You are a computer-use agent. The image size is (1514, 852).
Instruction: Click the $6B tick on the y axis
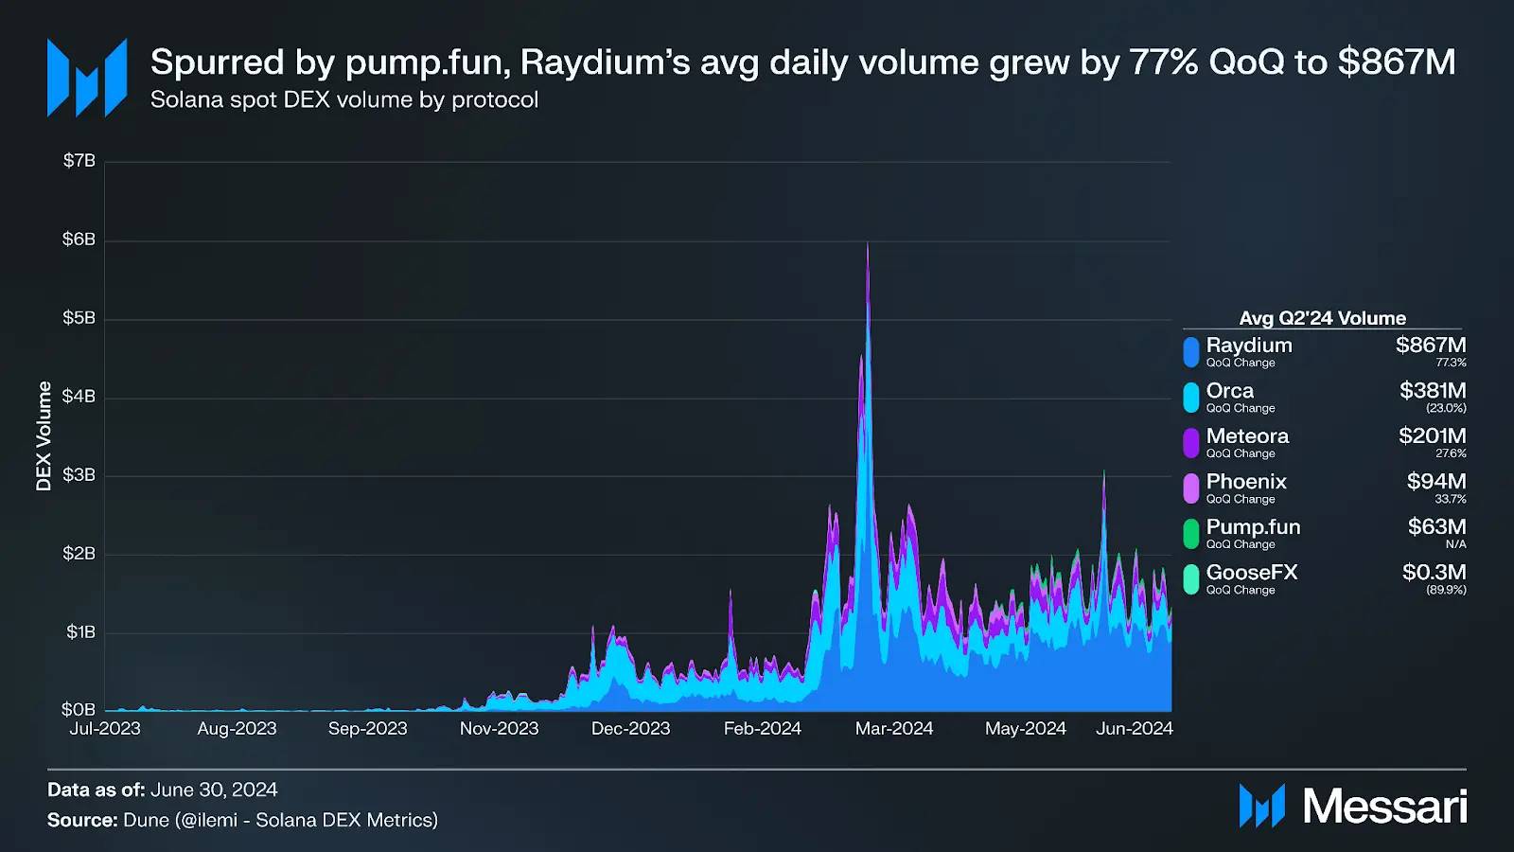coord(79,240)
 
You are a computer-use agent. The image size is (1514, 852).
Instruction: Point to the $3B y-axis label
coord(79,475)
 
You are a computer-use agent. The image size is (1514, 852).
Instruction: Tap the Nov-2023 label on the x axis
coord(499,729)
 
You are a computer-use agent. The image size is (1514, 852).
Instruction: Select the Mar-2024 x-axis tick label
coord(894,729)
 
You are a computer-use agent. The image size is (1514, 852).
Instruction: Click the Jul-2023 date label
coord(105,729)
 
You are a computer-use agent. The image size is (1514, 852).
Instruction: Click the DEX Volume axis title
coord(44,435)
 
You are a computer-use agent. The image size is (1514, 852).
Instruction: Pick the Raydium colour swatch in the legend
coord(1191,351)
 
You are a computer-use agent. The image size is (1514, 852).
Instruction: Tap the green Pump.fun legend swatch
coord(1191,533)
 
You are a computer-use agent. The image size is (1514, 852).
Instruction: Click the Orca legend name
coord(1229,391)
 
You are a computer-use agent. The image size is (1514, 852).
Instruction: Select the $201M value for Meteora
coord(1432,436)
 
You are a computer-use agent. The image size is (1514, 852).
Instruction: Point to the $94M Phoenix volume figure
coord(1435,482)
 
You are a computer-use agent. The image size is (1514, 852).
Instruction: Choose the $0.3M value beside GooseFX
coord(1434,573)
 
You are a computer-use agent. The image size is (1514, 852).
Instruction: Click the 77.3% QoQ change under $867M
coord(1451,364)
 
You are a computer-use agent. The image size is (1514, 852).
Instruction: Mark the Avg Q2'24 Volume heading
coord(1322,318)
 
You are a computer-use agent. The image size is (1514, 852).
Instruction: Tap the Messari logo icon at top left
coord(87,78)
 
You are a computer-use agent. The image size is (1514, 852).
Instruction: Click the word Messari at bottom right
coord(1384,807)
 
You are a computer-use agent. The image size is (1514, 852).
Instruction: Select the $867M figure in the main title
coord(1396,62)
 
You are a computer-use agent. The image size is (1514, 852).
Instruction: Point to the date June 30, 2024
coord(214,790)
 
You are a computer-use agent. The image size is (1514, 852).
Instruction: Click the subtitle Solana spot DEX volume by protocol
coord(344,100)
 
